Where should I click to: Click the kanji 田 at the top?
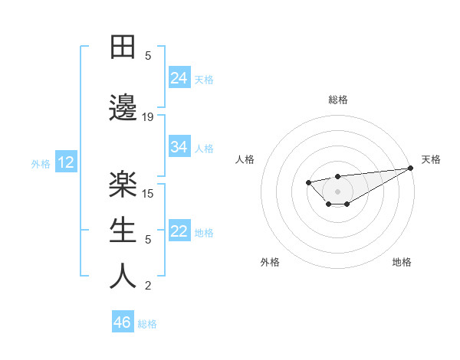123,48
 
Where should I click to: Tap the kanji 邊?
123,109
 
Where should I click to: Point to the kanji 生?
123,231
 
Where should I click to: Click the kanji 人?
123,277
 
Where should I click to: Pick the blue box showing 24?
179,78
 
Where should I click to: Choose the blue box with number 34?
179,147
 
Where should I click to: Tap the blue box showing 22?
179,232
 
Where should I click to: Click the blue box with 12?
66,162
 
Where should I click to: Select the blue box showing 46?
123,322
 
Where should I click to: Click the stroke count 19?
148,117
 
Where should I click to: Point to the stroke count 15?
148,193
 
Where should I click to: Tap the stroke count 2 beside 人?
148,286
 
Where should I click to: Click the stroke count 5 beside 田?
148,56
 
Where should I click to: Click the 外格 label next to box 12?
41,163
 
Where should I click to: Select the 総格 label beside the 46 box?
147,324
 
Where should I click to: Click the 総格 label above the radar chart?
337,100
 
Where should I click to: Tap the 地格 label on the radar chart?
402,263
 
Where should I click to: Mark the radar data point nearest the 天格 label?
412,168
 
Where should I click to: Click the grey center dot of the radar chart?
337,191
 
